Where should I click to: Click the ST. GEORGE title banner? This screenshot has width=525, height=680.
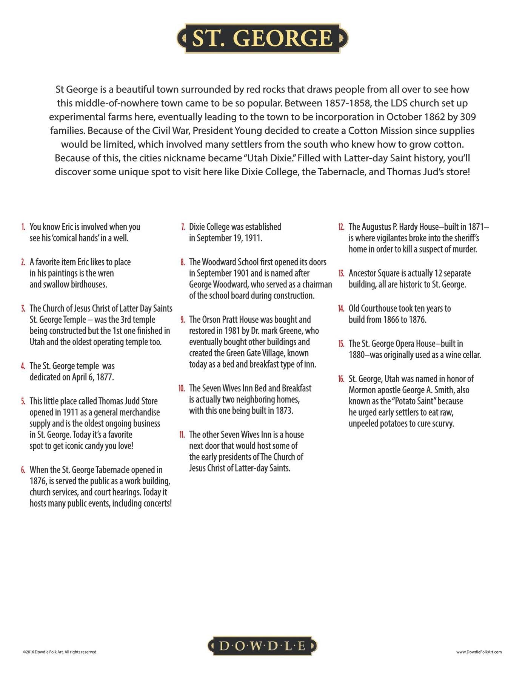tap(262, 38)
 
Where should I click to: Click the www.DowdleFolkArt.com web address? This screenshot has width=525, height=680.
tap(479, 652)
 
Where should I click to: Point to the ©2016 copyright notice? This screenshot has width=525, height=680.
tap(60, 652)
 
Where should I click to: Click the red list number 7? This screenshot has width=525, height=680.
tap(183, 227)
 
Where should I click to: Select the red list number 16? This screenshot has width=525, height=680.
tap(341, 379)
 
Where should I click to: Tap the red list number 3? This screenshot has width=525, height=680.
tap(23, 309)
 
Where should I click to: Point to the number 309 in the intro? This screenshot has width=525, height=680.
tap(468, 117)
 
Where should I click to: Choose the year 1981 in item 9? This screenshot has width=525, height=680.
tap(231, 331)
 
